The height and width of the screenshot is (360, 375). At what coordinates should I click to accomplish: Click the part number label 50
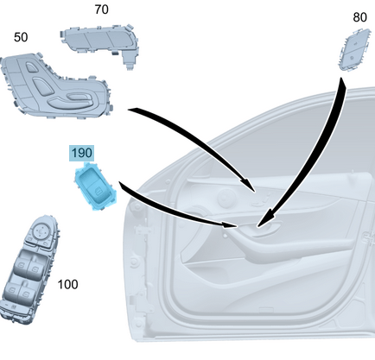pyautogui.click(x=21, y=37)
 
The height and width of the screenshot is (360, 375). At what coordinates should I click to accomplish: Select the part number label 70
pyautogui.click(x=101, y=9)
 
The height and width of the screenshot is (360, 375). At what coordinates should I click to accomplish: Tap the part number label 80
pyautogui.click(x=359, y=17)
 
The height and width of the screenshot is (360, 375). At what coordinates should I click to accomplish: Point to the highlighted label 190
pyautogui.click(x=82, y=153)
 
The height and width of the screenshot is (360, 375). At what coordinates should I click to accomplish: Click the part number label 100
pyautogui.click(x=67, y=284)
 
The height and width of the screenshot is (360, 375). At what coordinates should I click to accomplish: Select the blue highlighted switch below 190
pyautogui.click(x=95, y=186)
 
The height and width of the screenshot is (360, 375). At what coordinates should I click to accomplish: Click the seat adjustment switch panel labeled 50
pyautogui.click(x=54, y=85)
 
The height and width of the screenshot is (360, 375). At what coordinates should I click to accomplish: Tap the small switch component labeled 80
pyautogui.click(x=353, y=49)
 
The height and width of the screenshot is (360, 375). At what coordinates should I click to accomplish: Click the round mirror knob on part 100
pyautogui.click(x=41, y=230)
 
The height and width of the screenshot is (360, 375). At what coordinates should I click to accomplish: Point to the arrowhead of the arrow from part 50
pyautogui.click(x=250, y=185)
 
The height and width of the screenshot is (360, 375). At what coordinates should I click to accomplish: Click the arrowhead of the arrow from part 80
pyautogui.click(x=265, y=219)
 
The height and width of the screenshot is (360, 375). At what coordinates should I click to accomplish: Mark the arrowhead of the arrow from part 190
pyautogui.click(x=230, y=224)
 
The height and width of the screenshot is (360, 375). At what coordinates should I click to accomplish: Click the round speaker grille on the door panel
pyautogui.click(x=226, y=198)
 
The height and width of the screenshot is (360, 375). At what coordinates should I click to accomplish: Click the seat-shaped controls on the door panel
pyautogui.click(x=262, y=200)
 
